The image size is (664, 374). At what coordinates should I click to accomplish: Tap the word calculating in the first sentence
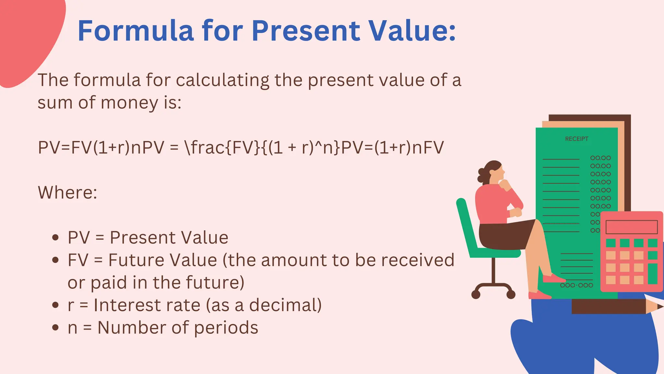coord(222,80)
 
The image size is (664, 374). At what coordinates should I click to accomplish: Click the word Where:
coord(67,193)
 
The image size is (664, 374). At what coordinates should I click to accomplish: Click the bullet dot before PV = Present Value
coord(55,238)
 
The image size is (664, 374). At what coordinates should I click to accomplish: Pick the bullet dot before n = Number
coord(55,328)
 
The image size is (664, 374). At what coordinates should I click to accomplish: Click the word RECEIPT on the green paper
coord(576,139)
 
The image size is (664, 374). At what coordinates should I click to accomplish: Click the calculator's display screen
coord(631,227)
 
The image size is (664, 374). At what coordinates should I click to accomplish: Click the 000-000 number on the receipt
coord(576,285)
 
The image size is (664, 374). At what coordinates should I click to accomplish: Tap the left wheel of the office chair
coord(476,294)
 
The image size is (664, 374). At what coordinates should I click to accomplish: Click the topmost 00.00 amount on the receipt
coord(600,158)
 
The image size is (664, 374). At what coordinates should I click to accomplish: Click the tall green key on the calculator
coord(652,274)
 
